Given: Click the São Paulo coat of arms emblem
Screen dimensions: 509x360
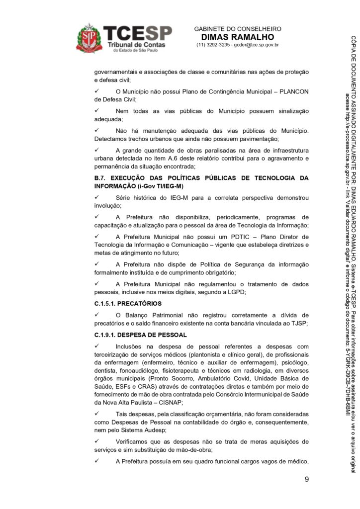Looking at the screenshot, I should click(x=89, y=38).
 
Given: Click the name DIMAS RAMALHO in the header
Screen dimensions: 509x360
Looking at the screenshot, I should click(x=237, y=37).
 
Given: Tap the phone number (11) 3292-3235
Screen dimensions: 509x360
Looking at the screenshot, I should click(x=212, y=45).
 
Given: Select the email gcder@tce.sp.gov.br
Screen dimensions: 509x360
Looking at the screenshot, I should click(x=256, y=45).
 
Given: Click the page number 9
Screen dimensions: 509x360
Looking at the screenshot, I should click(x=306, y=479).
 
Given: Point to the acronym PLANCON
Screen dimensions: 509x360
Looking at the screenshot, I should click(x=291, y=91).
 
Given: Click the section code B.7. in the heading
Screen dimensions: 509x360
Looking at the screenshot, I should click(x=101, y=178).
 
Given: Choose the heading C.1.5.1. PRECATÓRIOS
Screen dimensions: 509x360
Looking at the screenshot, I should click(x=128, y=303).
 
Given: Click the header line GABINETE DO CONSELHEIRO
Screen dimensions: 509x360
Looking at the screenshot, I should click(x=237, y=29).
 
